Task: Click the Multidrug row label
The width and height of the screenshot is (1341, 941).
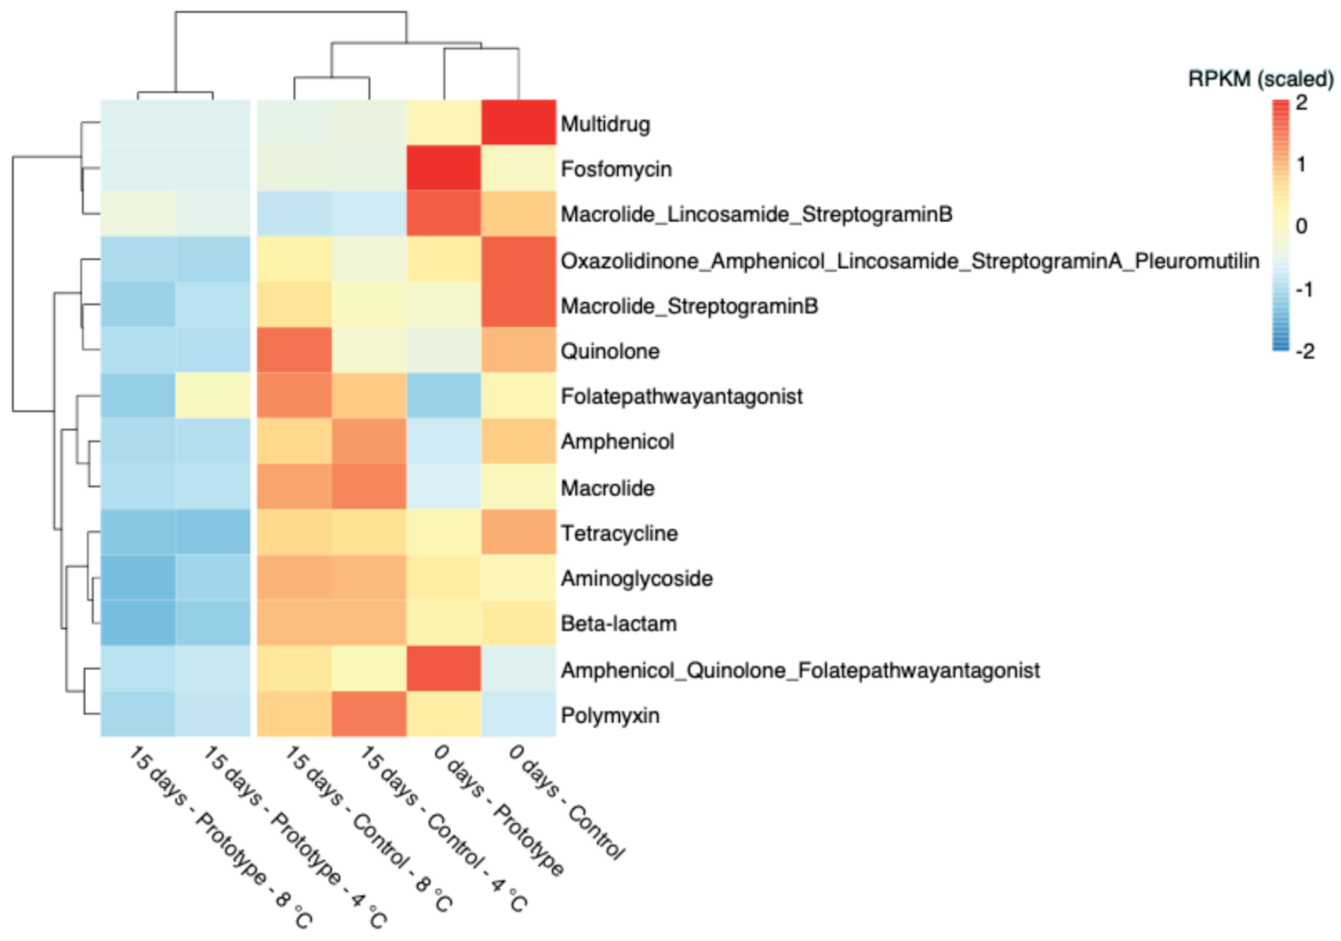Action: click(605, 124)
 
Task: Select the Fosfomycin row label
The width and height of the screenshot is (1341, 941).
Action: click(616, 169)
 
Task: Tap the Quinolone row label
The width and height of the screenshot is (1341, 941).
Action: click(610, 351)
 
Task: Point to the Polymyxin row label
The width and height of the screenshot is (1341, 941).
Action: click(610, 715)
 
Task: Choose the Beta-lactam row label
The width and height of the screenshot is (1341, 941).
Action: click(618, 624)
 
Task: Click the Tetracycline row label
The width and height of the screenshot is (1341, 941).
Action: click(619, 533)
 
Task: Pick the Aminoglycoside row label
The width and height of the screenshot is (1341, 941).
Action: click(637, 578)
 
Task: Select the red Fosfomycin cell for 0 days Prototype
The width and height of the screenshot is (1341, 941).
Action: click(444, 168)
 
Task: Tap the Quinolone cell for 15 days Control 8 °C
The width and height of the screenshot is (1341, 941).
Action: click(294, 350)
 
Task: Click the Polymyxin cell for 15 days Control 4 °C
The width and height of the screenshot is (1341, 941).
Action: click(369, 714)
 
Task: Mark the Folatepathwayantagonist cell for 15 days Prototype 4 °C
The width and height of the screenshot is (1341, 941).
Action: click(213, 395)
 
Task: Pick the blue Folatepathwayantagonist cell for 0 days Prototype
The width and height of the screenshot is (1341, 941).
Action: click(444, 395)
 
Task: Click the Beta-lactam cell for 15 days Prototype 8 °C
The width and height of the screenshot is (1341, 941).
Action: click(138, 623)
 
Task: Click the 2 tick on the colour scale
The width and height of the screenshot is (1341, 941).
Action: click(1301, 103)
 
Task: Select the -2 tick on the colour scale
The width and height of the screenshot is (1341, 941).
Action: click(1305, 351)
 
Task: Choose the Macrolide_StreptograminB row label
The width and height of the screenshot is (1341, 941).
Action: click(689, 306)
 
